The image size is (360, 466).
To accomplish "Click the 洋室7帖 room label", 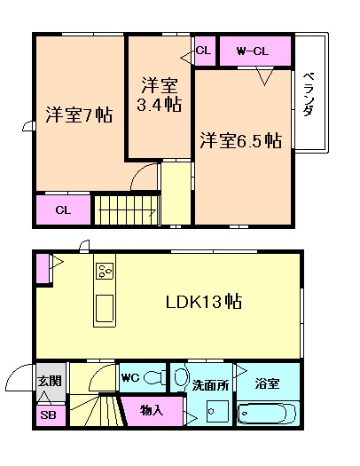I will pos(80,115).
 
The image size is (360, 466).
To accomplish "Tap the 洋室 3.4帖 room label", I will pos(160,96).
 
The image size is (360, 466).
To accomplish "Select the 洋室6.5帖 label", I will pos(240,140).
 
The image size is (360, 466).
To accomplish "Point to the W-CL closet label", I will pos(253,51).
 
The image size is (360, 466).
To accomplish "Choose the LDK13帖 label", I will pos(204,301).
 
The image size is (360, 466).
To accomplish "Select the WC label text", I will pos(130,376).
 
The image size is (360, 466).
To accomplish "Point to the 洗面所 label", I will pos(211,385).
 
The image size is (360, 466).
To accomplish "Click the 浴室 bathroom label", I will pos(267,384).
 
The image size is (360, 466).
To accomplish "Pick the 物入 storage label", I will pos(152,411).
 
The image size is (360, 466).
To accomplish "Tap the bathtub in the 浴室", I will pos(267,414).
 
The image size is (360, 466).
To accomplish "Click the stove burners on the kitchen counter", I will pos(104,272).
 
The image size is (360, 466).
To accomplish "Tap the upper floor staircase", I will pos(126,210).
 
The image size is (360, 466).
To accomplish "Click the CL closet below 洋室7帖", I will pos(63,210).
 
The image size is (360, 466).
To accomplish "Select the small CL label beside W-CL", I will pos(203,51).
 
